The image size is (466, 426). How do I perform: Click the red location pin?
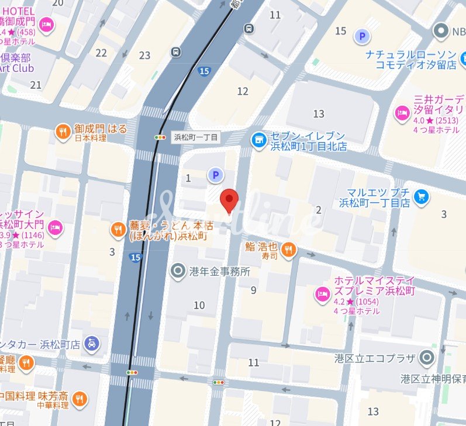(x=229, y=200)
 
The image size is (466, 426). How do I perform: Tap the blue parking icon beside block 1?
(x=216, y=174)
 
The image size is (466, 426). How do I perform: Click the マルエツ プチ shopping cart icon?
(x=420, y=197)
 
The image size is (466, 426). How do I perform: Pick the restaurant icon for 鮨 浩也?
(x=288, y=250)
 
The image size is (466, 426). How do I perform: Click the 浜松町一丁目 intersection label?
(x=196, y=137)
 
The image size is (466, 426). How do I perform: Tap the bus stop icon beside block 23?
(x=176, y=52)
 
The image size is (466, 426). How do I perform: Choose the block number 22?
(x=101, y=53)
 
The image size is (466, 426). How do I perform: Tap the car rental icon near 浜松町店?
(x=91, y=344)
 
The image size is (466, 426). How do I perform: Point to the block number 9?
(x=253, y=290)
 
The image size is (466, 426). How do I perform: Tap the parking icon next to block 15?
(x=363, y=37)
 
